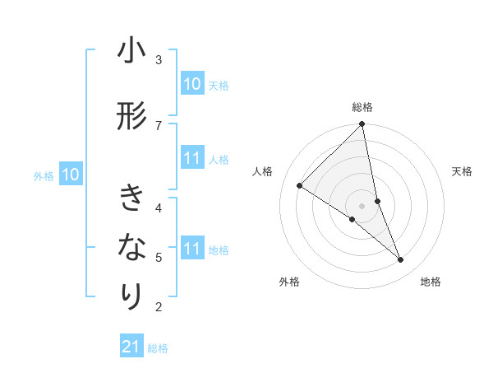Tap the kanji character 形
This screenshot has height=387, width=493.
pos(131,117)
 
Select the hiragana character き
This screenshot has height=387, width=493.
pos(131,198)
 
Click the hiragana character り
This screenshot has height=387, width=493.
pos(131,296)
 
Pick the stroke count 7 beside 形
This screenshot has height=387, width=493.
pos(159,124)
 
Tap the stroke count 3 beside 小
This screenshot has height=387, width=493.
pos(159,60)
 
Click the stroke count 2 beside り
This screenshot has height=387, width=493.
pos(159,307)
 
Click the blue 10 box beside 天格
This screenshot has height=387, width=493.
pos(191,84)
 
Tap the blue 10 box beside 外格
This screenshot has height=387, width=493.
pos(71,175)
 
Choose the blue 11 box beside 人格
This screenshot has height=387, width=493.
pos(191,159)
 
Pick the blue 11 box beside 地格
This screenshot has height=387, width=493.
pos(191,249)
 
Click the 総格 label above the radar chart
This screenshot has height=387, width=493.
pos(362,107)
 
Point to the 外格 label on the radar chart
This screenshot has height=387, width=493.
pos(289,282)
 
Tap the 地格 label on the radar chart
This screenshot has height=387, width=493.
pos(431,282)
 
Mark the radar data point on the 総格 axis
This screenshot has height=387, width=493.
pos(362,124)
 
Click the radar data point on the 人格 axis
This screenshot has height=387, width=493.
pos(300,185)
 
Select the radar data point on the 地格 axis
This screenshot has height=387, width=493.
pos(401,259)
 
